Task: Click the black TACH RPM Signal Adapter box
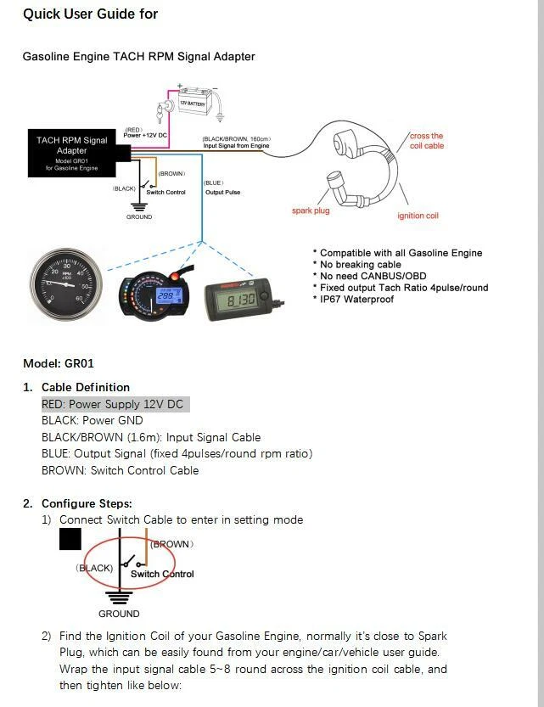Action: pyautogui.click(x=71, y=153)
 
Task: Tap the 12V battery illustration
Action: pyautogui.click(x=197, y=104)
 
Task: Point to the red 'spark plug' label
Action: pyautogui.click(x=310, y=210)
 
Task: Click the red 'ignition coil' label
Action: pyautogui.click(x=418, y=216)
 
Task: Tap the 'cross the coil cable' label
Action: pyautogui.click(x=426, y=141)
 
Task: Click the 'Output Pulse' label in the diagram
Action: pyautogui.click(x=222, y=193)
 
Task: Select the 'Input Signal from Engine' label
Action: pyautogui.click(x=235, y=146)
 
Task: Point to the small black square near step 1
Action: pyautogui.click(x=70, y=539)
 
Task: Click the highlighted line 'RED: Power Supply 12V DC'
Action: pyautogui.click(x=112, y=405)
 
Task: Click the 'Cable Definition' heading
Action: pyautogui.click(x=86, y=387)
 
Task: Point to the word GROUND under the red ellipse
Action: pyautogui.click(x=119, y=614)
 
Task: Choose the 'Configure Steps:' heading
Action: pyautogui.click(x=87, y=503)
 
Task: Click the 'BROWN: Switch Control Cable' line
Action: pyautogui.click(x=120, y=470)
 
